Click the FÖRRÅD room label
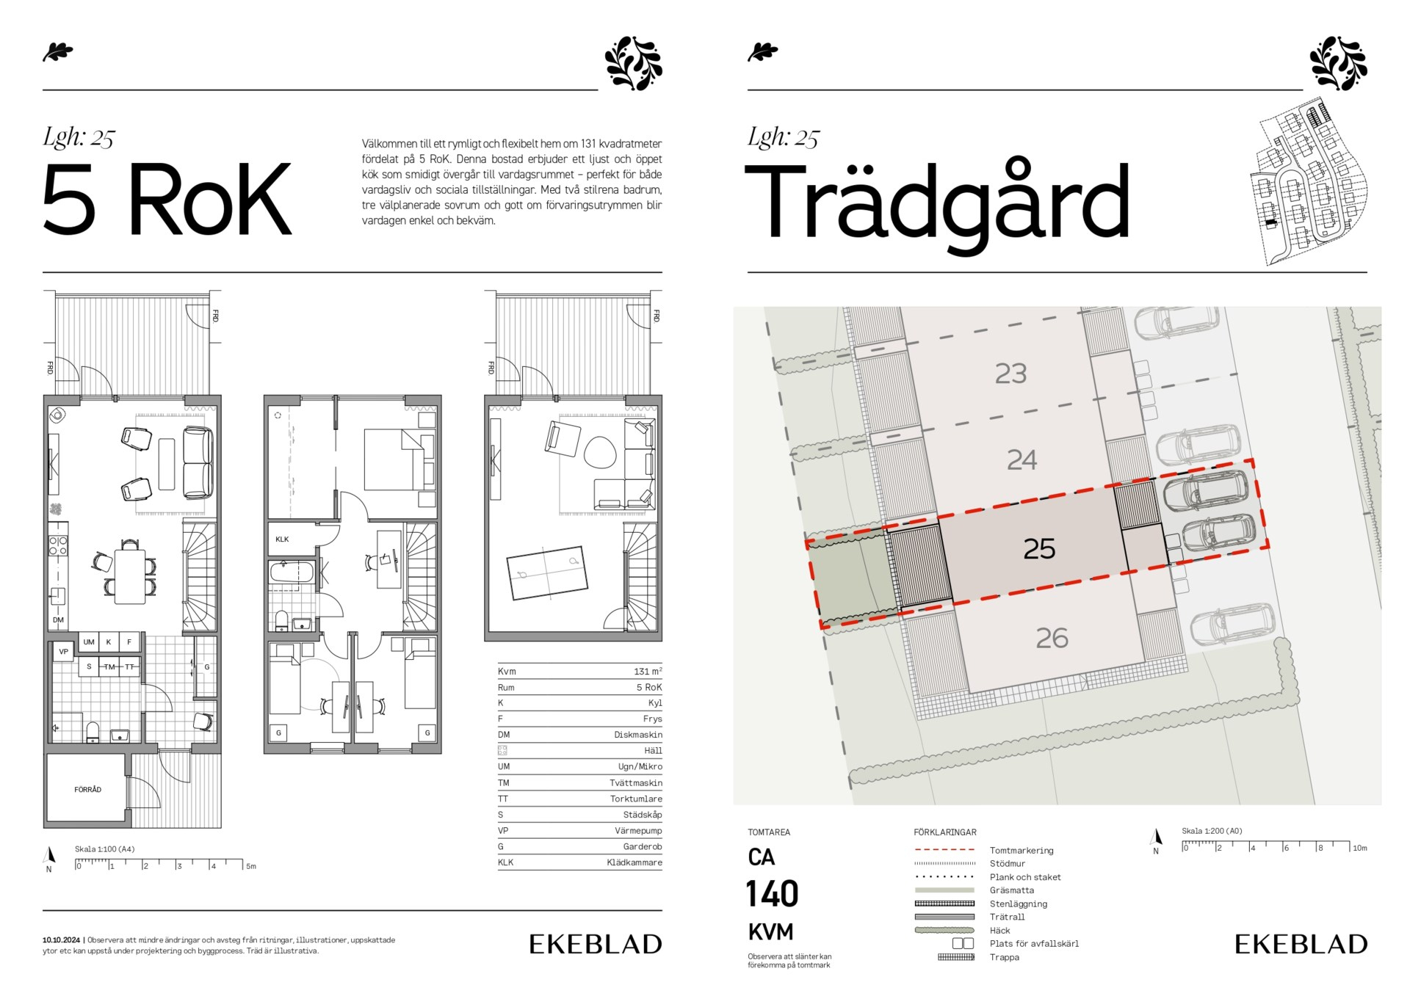[87, 790]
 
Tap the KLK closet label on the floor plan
[282, 539]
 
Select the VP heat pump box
[64, 652]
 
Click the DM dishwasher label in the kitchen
[58, 620]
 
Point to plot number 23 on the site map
[1010, 374]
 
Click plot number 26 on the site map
[1052, 638]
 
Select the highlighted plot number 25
[1039, 548]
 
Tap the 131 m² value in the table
[648, 671]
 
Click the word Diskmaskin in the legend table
[638, 735]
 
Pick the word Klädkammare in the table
[634, 862]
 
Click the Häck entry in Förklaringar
[999, 931]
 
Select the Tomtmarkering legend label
[1022, 851]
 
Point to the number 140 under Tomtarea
[772, 894]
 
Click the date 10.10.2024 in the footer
[61, 940]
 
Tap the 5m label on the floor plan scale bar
[251, 866]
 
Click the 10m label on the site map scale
[1359, 848]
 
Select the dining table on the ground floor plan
[130, 576]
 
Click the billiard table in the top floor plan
[547, 572]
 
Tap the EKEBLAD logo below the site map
[1301, 944]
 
